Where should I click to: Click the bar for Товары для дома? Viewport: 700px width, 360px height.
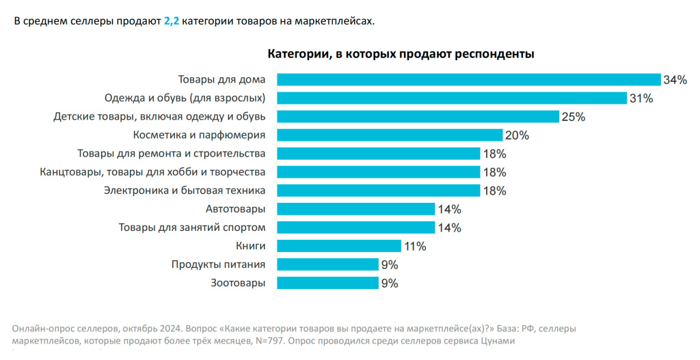click(468, 80)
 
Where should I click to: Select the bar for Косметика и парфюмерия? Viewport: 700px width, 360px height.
click(390, 135)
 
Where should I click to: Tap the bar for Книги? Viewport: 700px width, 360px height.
click(339, 246)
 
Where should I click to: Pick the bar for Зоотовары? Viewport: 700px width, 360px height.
click(327, 283)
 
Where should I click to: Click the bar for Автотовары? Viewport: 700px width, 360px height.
click(355, 209)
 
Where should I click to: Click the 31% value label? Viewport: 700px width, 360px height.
click(641, 98)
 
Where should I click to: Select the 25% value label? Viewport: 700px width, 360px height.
click(573, 117)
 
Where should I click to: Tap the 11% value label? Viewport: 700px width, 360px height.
click(414, 246)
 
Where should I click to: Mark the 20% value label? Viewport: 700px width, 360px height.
click(517, 135)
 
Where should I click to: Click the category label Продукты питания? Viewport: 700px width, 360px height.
click(218, 264)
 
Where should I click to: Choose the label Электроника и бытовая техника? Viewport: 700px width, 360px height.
click(184, 191)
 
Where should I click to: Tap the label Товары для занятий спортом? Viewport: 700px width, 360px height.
click(191, 227)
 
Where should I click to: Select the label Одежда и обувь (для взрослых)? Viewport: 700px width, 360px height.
click(185, 98)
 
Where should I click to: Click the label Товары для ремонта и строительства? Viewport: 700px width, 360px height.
click(171, 154)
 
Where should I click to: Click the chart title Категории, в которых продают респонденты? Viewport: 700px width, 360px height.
click(401, 53)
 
